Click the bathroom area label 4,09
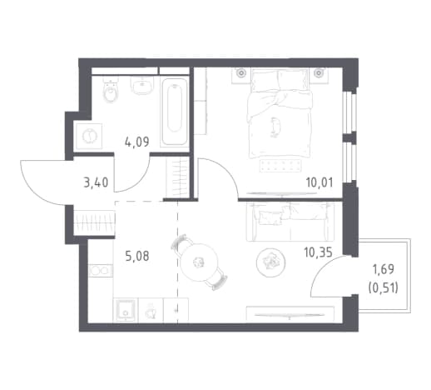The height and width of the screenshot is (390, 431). coord(137,142)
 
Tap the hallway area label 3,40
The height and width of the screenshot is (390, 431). coord(96,183)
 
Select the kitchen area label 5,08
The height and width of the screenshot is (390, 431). coord(137,256)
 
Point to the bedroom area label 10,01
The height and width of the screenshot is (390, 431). coord(320,182)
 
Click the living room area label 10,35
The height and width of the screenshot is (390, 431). coord(318,252)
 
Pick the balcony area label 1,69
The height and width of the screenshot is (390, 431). coord(383,269)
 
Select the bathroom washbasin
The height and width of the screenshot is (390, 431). coord(142,85)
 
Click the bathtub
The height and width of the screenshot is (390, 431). coord(175,112)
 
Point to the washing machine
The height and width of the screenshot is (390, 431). coord(89,136)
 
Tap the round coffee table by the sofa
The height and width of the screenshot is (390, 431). coord(270,262)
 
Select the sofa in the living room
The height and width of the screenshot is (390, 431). coord(290,222)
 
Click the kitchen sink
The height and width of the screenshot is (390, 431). coord(126,310)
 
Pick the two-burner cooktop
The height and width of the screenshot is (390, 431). coord(101,271)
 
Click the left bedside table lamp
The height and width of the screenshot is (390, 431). coord(241,73)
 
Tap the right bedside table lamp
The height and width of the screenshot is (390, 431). coord(319,73)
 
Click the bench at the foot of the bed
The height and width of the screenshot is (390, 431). coord(280,166)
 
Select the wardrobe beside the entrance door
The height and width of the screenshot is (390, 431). coord(94,222)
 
